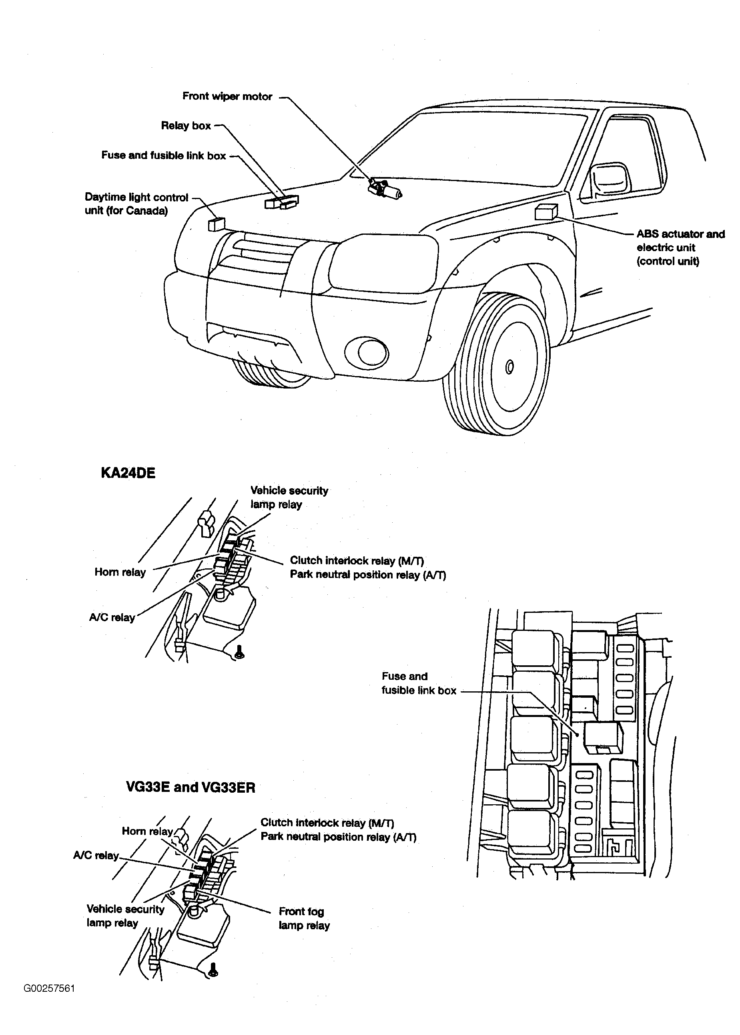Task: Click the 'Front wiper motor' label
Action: (x=227, y=97)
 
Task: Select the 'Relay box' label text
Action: (x=186, y=126)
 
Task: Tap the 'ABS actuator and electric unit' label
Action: (x=680, y=248)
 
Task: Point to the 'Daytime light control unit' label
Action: (x=136, y=204)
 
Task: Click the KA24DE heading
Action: (x=128, y=473)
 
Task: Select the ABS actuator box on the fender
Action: (x=545, y=212)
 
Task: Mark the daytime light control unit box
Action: (x=217, y=224)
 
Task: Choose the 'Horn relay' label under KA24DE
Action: (x=120, y=572)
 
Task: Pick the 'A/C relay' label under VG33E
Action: (x=96, y=855)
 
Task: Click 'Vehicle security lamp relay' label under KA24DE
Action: (x=289, y=497)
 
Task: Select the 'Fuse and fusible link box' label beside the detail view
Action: (x=418, y=683)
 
